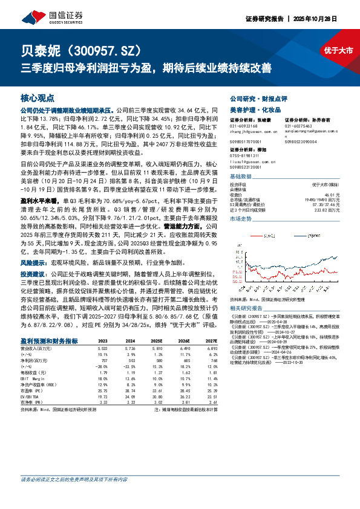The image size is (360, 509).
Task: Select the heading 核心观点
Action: click(x=38, y=97)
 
